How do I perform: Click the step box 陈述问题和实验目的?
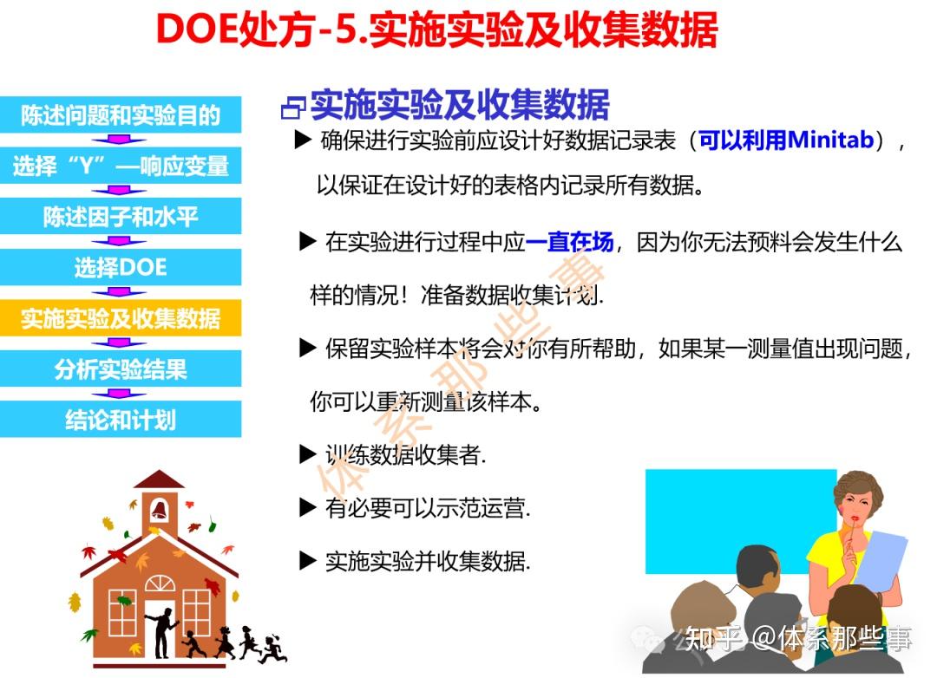point(121,115)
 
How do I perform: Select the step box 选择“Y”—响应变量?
point(121,166)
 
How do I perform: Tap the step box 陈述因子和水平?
point(121,217)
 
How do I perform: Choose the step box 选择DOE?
point(121,268)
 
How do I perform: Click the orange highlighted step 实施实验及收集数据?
point(121,318)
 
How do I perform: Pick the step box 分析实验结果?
point(121,369)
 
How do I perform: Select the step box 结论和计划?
point(121,420)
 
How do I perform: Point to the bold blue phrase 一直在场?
point(569,242)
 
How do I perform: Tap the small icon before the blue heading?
point(293,108)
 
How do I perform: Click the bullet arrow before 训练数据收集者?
point(307,453)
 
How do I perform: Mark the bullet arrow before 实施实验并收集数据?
point(307,560)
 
